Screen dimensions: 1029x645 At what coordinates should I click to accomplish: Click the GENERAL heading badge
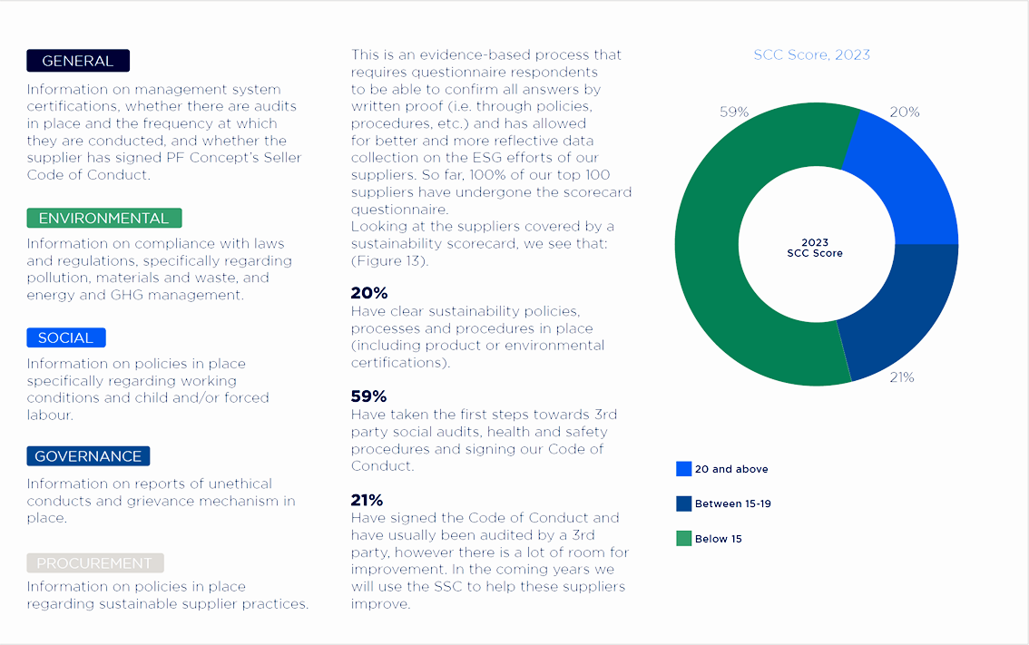[x=78, y=61]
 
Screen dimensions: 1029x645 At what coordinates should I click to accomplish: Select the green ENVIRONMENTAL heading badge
[x=104, y=218]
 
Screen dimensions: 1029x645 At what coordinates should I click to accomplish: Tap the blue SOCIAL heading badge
[x=66, y=337]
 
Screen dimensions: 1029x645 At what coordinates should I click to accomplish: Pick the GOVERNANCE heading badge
[x=88, y=456]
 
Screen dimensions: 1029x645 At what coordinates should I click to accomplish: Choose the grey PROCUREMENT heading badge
[x=95, y=563]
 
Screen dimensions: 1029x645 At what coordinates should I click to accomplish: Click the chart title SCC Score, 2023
[x=812, y=54]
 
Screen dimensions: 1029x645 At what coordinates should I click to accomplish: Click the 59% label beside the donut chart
[x=734, y=112]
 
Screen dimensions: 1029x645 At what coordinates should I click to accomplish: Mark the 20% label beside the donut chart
[x=905, y=112]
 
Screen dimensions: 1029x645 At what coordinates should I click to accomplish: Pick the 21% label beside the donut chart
[x=902, y=377]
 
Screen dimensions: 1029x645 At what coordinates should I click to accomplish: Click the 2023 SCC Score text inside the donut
[x=815, y=248]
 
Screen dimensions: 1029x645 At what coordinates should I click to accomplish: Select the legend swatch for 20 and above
[x=684, y=468]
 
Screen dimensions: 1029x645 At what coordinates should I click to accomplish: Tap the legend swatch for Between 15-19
[x=684, y=503]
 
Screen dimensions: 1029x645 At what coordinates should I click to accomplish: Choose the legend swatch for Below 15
[x=684, y=538]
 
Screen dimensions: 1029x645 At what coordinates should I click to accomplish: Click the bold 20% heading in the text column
[x=368, y=293]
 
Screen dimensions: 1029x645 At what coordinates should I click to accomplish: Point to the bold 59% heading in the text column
[x=368, y=396]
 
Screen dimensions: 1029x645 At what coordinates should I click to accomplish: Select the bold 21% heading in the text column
[x=367, y=500]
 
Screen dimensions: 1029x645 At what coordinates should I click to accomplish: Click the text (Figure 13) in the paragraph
[x=389, y=261]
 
